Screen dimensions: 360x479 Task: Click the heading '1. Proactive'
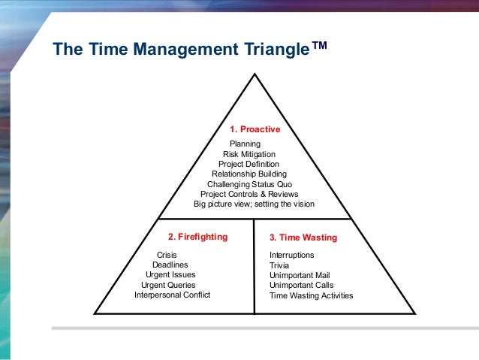[x=255, y=129]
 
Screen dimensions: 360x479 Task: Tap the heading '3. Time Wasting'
[x=303, y=237]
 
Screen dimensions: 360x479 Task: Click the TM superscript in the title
[x=319, y=45]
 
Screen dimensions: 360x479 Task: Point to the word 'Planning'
[x=244, y=144]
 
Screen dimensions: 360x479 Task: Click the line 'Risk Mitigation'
[x=249, y=153]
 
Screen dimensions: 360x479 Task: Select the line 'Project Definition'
[x=249, y=164]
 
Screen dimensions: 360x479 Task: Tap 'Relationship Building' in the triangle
[x=249, y=174]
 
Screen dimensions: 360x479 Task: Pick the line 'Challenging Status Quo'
[x=249, y=184]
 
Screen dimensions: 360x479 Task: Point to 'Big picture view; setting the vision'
[x=254, y=204]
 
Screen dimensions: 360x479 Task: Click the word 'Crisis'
[x=167, y=256]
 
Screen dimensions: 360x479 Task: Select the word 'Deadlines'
[x=170, y=265]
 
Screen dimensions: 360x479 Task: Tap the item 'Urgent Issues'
[x=170, y=275]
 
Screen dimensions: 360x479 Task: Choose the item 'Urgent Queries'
[x=168, y=286]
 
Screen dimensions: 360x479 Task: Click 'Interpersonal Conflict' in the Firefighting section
[x=173, y=295]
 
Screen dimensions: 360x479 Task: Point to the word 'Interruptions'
[x=292, y=256]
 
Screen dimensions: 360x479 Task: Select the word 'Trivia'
[x=279, y=265]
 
